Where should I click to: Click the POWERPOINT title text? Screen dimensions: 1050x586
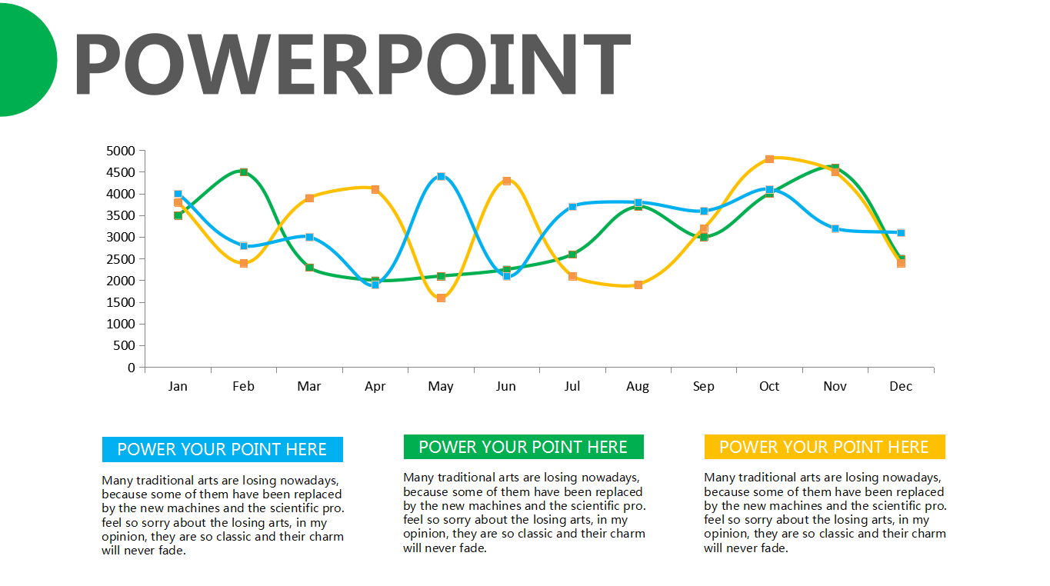352,64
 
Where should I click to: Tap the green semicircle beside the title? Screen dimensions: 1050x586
26,60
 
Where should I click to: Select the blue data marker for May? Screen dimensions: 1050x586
441,177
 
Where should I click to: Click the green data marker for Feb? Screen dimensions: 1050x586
244,172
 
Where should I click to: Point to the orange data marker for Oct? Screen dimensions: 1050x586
769,159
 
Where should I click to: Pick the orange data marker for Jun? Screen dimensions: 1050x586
507,181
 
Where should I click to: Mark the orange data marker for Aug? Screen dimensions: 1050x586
638,285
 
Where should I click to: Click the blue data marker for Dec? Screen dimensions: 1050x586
901,233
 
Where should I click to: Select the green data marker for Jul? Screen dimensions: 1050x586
572,255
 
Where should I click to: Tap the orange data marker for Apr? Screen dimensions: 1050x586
375,189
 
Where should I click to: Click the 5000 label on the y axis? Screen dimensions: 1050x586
121,151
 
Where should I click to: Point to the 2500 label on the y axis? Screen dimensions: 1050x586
121,259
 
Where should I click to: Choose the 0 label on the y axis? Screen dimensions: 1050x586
132,368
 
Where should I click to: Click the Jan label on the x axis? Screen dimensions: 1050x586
178,386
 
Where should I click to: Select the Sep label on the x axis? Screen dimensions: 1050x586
703,386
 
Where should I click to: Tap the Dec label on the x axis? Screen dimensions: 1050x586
901,386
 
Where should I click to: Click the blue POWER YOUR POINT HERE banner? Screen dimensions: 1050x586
222,450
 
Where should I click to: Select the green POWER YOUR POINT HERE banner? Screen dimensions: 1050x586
524,447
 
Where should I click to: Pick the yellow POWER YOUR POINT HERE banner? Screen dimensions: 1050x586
825,447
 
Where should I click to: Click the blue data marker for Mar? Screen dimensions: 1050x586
309,237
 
